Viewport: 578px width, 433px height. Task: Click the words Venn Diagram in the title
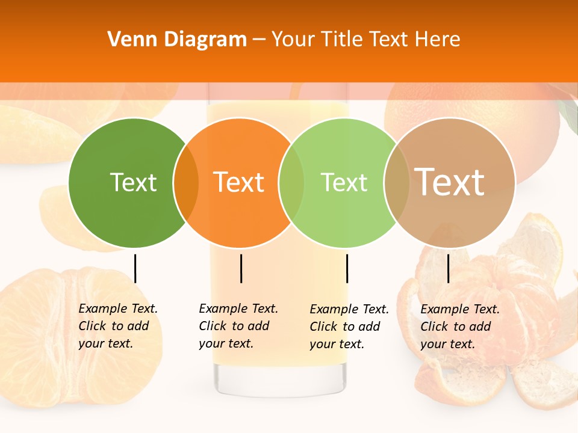[177, 40]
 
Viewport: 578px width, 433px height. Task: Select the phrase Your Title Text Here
[365, 40]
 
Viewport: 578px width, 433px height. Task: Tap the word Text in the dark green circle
[133, 182]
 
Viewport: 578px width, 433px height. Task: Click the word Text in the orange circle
[238, 182]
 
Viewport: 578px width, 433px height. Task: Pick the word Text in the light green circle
[344, 182]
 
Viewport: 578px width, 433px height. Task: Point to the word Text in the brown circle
[450, 182]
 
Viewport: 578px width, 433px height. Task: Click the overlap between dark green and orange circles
[186, 183]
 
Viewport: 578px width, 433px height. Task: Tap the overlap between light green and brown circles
[396, 183]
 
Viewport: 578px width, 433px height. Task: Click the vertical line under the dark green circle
[135, 268]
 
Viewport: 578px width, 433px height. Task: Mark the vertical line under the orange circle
[241, 268]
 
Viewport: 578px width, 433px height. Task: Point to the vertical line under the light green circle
[347, 268]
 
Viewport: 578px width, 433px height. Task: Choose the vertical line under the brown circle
[448, 268]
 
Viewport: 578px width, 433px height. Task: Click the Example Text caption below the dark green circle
[118, 326]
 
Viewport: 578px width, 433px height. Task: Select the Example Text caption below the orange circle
[238, 326]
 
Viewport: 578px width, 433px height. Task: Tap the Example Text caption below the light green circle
[349, 327]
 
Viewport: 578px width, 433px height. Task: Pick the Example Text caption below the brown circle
[460, 327]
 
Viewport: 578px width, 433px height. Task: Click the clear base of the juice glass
[281, 379]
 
